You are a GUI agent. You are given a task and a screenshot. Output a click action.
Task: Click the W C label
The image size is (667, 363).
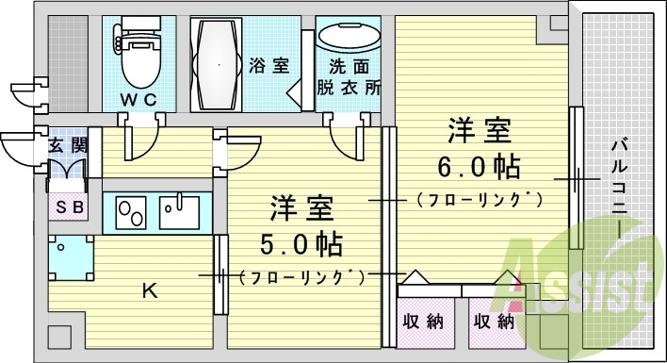(137, 99)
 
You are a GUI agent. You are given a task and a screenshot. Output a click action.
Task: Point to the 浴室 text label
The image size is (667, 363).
(268, 66)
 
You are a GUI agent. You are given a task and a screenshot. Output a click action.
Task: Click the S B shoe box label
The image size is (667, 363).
(68, 207)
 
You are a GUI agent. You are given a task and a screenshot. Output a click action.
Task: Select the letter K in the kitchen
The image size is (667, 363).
(149, 290)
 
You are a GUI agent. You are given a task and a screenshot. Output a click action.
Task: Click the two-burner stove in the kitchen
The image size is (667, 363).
(131, 211)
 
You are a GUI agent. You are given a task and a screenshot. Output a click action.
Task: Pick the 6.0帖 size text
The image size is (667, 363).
(479, 168)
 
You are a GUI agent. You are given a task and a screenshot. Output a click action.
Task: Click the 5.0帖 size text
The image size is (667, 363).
(301, 244)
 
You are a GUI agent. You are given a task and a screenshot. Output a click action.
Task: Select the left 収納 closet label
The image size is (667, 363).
(421, 322)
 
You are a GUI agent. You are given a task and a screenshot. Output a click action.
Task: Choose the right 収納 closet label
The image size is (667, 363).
(493, 322)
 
